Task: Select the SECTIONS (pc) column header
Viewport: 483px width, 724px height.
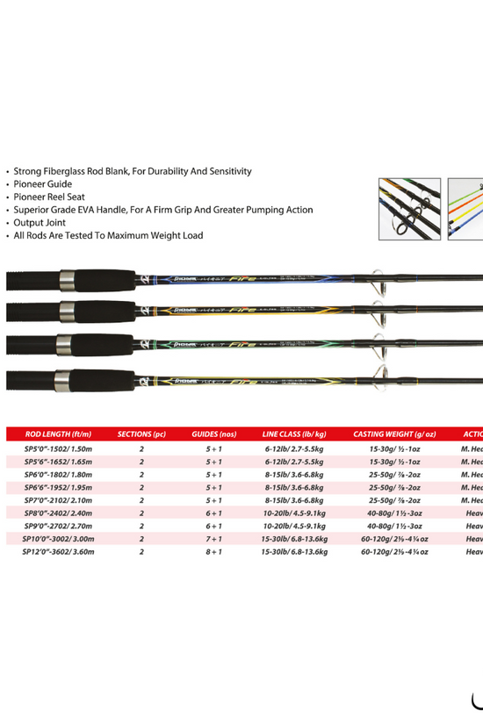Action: pyautogui.click(x=141, y=434)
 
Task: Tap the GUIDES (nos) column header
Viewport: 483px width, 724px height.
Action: pyautogui.click(x=214, y=434)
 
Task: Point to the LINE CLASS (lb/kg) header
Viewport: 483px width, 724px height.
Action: pyautogui.click(x=294, y=434)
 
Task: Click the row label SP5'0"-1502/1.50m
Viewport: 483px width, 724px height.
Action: pyautogui.click(x=58, y=448)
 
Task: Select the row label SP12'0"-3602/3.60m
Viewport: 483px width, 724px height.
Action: pyautogui.click(x=58, y=552)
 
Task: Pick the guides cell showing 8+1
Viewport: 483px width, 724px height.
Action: pyautogui.click(x=213, y=552)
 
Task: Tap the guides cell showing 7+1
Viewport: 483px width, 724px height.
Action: pyautogui.click(x=213, y=539)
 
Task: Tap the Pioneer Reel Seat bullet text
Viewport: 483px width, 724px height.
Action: pyautogui.click(x=50, y=197)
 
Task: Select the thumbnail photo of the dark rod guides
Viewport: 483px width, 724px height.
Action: pyautogui.click(x=408, y=208)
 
